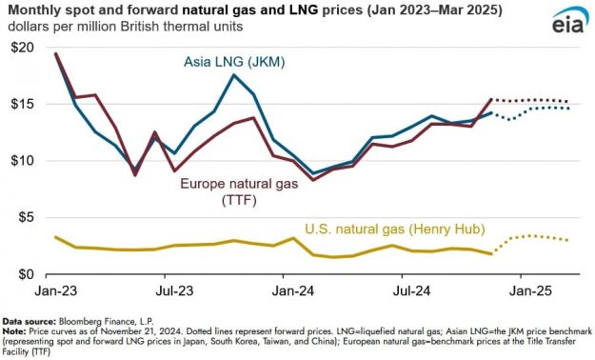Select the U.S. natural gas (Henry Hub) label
394,229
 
